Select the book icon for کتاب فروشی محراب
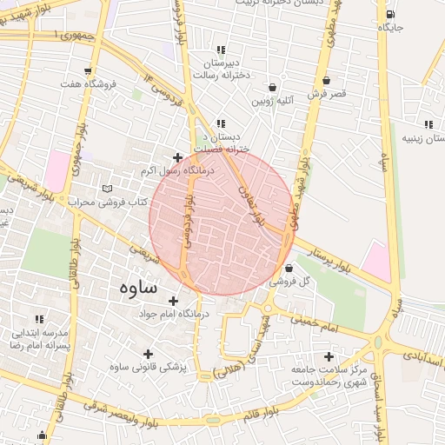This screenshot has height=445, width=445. pyautogui.click(x=108, y=188)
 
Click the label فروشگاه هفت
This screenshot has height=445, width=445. pyautogui.click(x=88, y=84)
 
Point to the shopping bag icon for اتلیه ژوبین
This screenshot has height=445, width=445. pyautogui.click(x=274, y=88)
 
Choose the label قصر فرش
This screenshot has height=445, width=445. pyautogui.click(x=327, y=92)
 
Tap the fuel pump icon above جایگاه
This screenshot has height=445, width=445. pyautogui.click(x=389, y=14)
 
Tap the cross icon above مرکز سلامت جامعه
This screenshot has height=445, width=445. pyautogui.click(x=329, y=356)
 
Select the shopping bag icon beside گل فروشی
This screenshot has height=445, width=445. pyautogui.click(x=289, y=267)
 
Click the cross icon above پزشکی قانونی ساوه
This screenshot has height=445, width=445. pyautogui.click(x=148, y=354)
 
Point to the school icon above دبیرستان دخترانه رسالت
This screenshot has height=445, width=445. pyautogui.click(x=222, y=50)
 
